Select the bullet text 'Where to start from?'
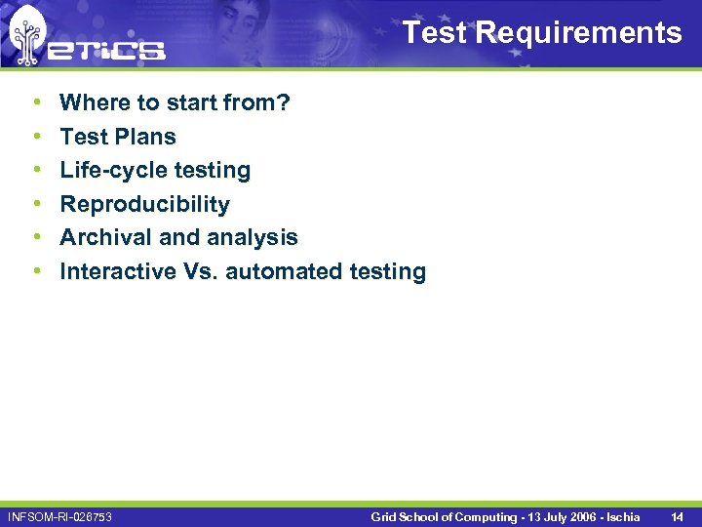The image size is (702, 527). (x=175, y=102)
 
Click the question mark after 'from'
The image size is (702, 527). (x=284, y=102)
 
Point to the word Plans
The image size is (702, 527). (x=144, y=137)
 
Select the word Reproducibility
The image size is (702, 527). (x=144, y=204)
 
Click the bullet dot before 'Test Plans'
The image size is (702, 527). (x=36, y=137)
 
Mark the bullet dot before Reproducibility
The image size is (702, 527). (x=36, y=204)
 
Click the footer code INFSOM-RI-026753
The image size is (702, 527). (x=59, y=516)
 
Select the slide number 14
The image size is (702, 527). (x=677, y=516)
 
